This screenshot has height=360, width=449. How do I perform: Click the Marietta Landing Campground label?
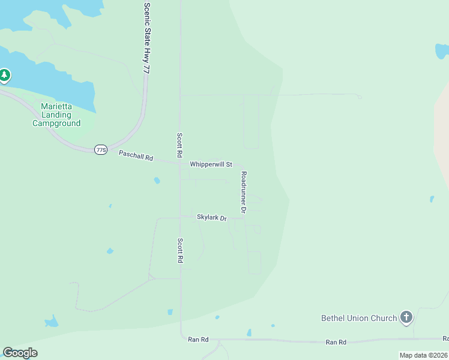[x=56, y=115]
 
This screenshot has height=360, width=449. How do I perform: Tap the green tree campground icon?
[x=5, y=76]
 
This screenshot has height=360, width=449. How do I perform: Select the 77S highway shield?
[x=101, y=149]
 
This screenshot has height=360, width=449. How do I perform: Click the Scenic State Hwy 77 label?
[x=146, y=38]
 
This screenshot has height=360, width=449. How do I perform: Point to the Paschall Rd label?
[x=136, y=156]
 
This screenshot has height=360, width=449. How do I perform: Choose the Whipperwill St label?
[x=211, y=164]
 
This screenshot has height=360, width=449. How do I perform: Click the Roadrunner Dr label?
[x=244, y=193]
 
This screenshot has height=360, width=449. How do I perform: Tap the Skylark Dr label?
[x=212, y=217]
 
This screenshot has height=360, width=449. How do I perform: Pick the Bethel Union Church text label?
[x=359, y=318]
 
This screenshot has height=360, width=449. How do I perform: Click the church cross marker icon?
[x=406, y=317]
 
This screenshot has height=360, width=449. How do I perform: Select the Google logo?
[x=20, y=353]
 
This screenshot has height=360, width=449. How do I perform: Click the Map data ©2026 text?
[x=423, y=355]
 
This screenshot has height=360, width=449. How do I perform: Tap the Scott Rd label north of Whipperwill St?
[x=179, y=145]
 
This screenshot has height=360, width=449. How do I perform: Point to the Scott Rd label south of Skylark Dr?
[x=179, y=251]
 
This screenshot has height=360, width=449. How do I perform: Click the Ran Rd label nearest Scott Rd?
[x=198, y=340]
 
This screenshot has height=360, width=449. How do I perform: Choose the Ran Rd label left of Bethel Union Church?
[x=336, y=342]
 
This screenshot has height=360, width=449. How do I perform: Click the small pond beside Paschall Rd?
[x=157, y=180]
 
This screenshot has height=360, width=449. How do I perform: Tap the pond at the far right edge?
[x=432, y=199]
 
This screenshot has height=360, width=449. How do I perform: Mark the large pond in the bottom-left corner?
[x=51, y=322]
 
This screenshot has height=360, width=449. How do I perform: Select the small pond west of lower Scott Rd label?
[x=109, y=251]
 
